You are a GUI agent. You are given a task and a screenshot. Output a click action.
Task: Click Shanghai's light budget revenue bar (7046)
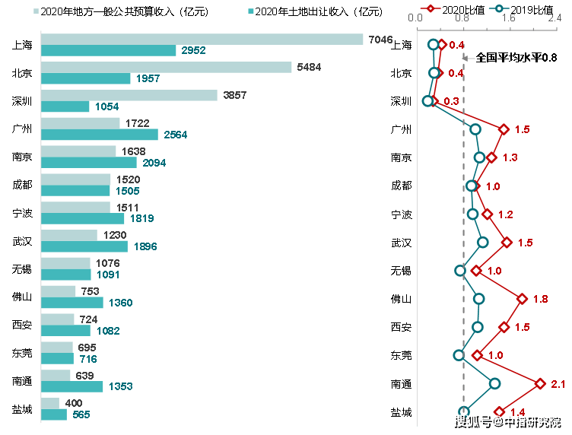pyautogui.click(x=202, y=40)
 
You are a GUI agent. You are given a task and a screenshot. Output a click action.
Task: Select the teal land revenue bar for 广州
pyautogui.click(x=100, y=135)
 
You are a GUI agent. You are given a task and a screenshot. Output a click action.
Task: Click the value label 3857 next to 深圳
pyautogui.click(x=236, y=95)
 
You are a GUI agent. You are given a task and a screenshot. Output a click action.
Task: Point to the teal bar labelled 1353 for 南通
pyautogui.click(x=72, y=386)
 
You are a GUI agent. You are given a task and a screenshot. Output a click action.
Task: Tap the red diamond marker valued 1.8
pyautogui.click(x=522, y=299)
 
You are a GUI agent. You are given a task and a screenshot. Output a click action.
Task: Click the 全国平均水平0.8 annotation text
pyautogui.click(x=516, y=58)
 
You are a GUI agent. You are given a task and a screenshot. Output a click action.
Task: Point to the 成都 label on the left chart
pyautogui.click(x=22, y=185)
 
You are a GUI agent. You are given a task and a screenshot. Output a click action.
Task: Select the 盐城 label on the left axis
pyautogui.click(x=22, y=409)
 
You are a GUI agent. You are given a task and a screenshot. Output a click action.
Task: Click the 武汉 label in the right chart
pyautogui.click(x=401, y=243)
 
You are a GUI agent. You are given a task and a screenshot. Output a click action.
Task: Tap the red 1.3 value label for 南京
pyautogui.click(x=510, y=157)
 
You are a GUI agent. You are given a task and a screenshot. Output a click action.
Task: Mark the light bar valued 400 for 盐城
pyautogui.click(x=50, y=403)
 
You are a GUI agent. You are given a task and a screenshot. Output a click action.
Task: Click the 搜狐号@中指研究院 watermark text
pyautogui.click(x=506, y=421)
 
